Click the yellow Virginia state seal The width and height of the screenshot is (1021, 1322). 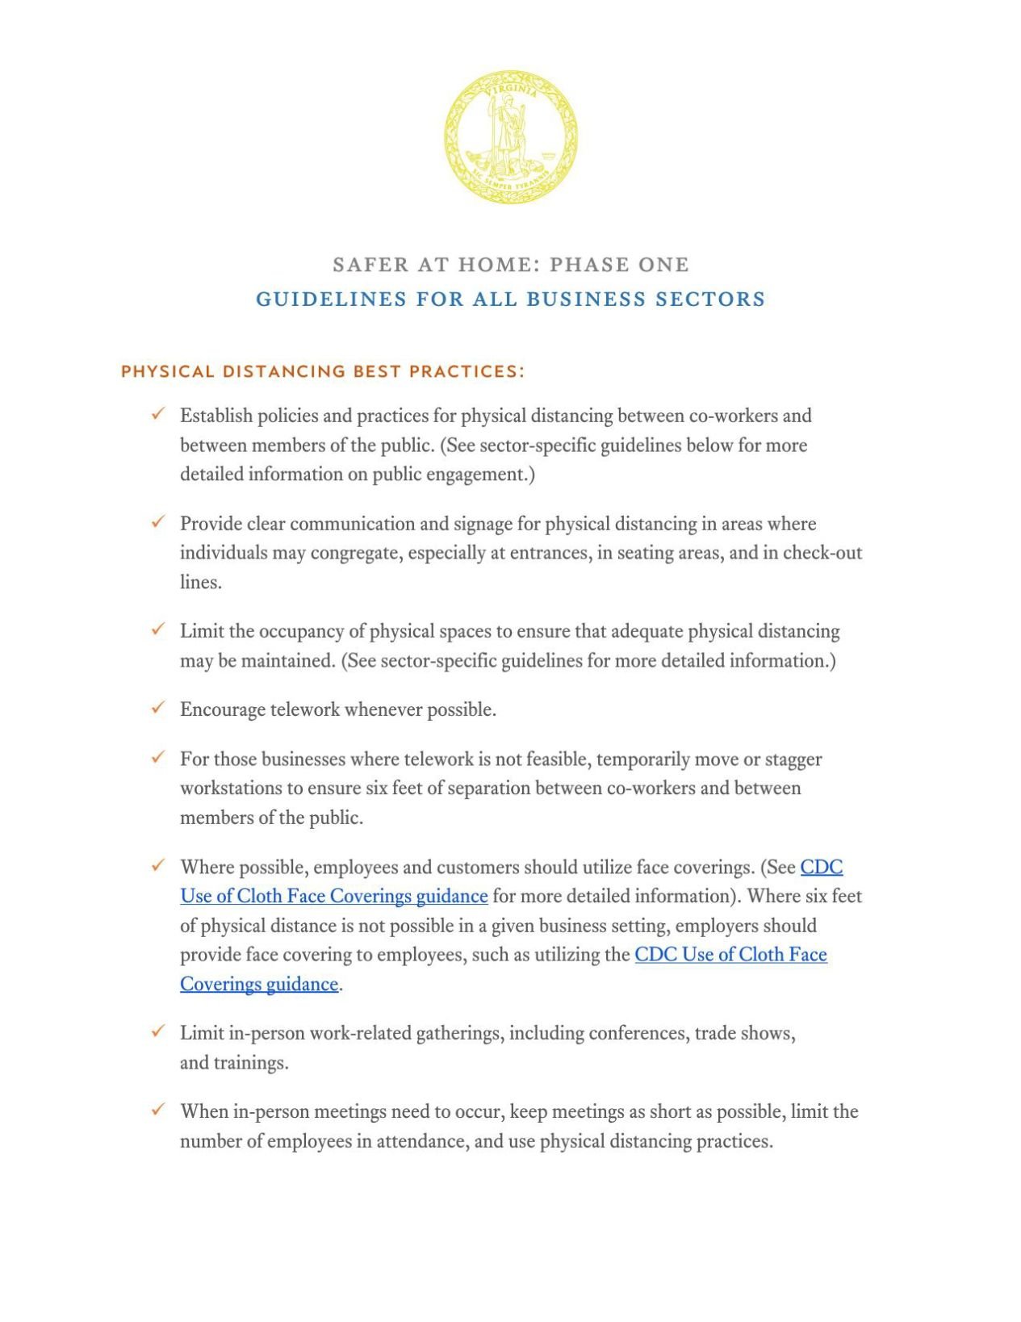[x=510, y=136]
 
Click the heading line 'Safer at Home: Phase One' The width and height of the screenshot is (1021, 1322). [x=510, y=265]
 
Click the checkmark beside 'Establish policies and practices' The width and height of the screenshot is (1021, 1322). [x=158, y=414]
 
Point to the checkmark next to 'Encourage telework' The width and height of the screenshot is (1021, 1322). [x=158, y=708]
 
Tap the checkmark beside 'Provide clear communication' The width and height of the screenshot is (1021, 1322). [x=158, y=522]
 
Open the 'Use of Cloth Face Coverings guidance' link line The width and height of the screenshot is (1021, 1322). [x=333, y=897]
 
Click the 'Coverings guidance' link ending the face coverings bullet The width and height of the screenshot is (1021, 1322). [x=258, y=985]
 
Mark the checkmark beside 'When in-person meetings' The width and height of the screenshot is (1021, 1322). [x=158, y=1110]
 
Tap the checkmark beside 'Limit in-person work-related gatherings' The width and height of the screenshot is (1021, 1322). [x=158, y=1031]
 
